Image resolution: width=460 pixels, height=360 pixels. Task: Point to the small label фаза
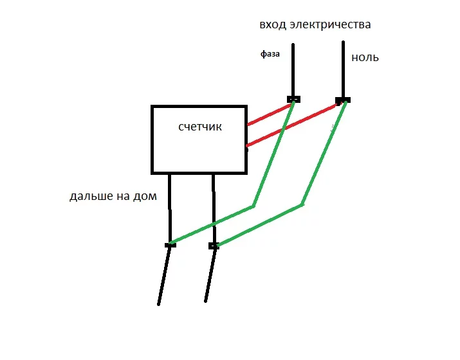click(x=270, y=55)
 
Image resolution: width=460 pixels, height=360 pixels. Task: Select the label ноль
click(x=365, y=58)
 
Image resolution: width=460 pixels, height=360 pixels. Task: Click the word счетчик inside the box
click(x=200, y=127)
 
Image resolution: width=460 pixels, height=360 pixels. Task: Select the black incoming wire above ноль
click(x=344, y=67)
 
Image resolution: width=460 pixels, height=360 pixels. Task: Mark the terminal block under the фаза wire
click(x=293, y=99)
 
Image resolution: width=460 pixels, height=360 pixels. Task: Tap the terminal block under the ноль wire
click(x=343, y=100)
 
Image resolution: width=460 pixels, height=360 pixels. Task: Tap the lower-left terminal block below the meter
click(x=170, y=245)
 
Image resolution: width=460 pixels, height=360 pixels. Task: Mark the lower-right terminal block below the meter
click(x=214, y=246)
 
